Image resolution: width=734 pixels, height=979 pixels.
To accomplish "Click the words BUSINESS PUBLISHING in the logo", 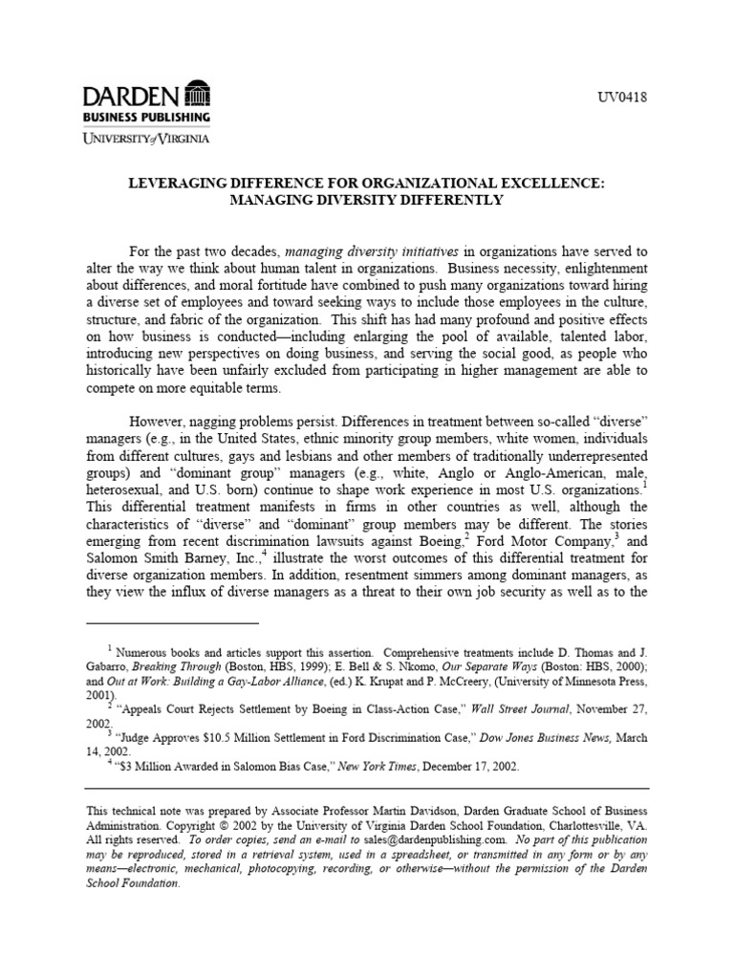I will coord(146,117).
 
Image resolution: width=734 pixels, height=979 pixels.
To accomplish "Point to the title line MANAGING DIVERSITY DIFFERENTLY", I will coord(366,201).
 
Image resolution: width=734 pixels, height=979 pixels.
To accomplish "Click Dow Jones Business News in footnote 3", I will coord(538,737).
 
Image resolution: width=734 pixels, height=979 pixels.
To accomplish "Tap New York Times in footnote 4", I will coord(370,767).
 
